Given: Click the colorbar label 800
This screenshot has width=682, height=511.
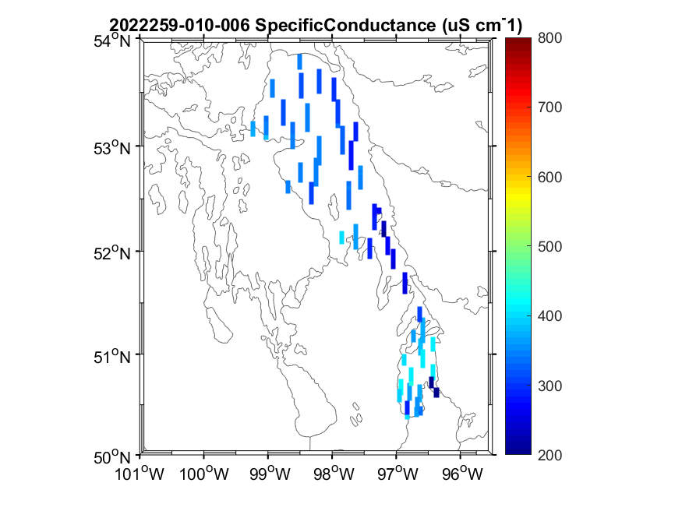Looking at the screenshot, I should pos(550,37).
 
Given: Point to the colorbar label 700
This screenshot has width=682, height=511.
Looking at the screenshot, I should pos(550,107).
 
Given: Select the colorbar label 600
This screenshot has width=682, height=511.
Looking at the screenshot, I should pos(550,177).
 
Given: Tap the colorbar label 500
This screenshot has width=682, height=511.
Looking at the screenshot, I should pos(550,246).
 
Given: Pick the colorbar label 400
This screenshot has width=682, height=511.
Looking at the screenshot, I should pos(550,315).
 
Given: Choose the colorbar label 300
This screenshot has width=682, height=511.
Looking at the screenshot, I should pos(550,386).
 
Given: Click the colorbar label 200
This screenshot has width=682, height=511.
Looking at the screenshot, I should pos(550,454).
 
